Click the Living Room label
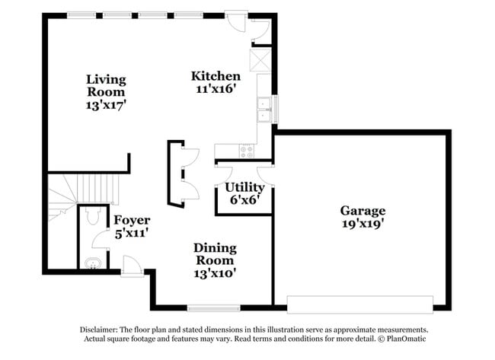pyautogui.click(x=105, y=86)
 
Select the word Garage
pyautogui.click(x=362, y=211)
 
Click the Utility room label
pyautogui.click(x=244, y=187)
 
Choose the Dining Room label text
pyautogui.click(x=215, y=254)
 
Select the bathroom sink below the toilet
pyautogui.click(x=91, y=264)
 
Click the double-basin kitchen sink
pyautogui.click(x=265, y=110)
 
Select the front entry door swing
pyautogui.click(x=131, y=266)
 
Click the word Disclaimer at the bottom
pyautogui.click(x=101, y=330)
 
